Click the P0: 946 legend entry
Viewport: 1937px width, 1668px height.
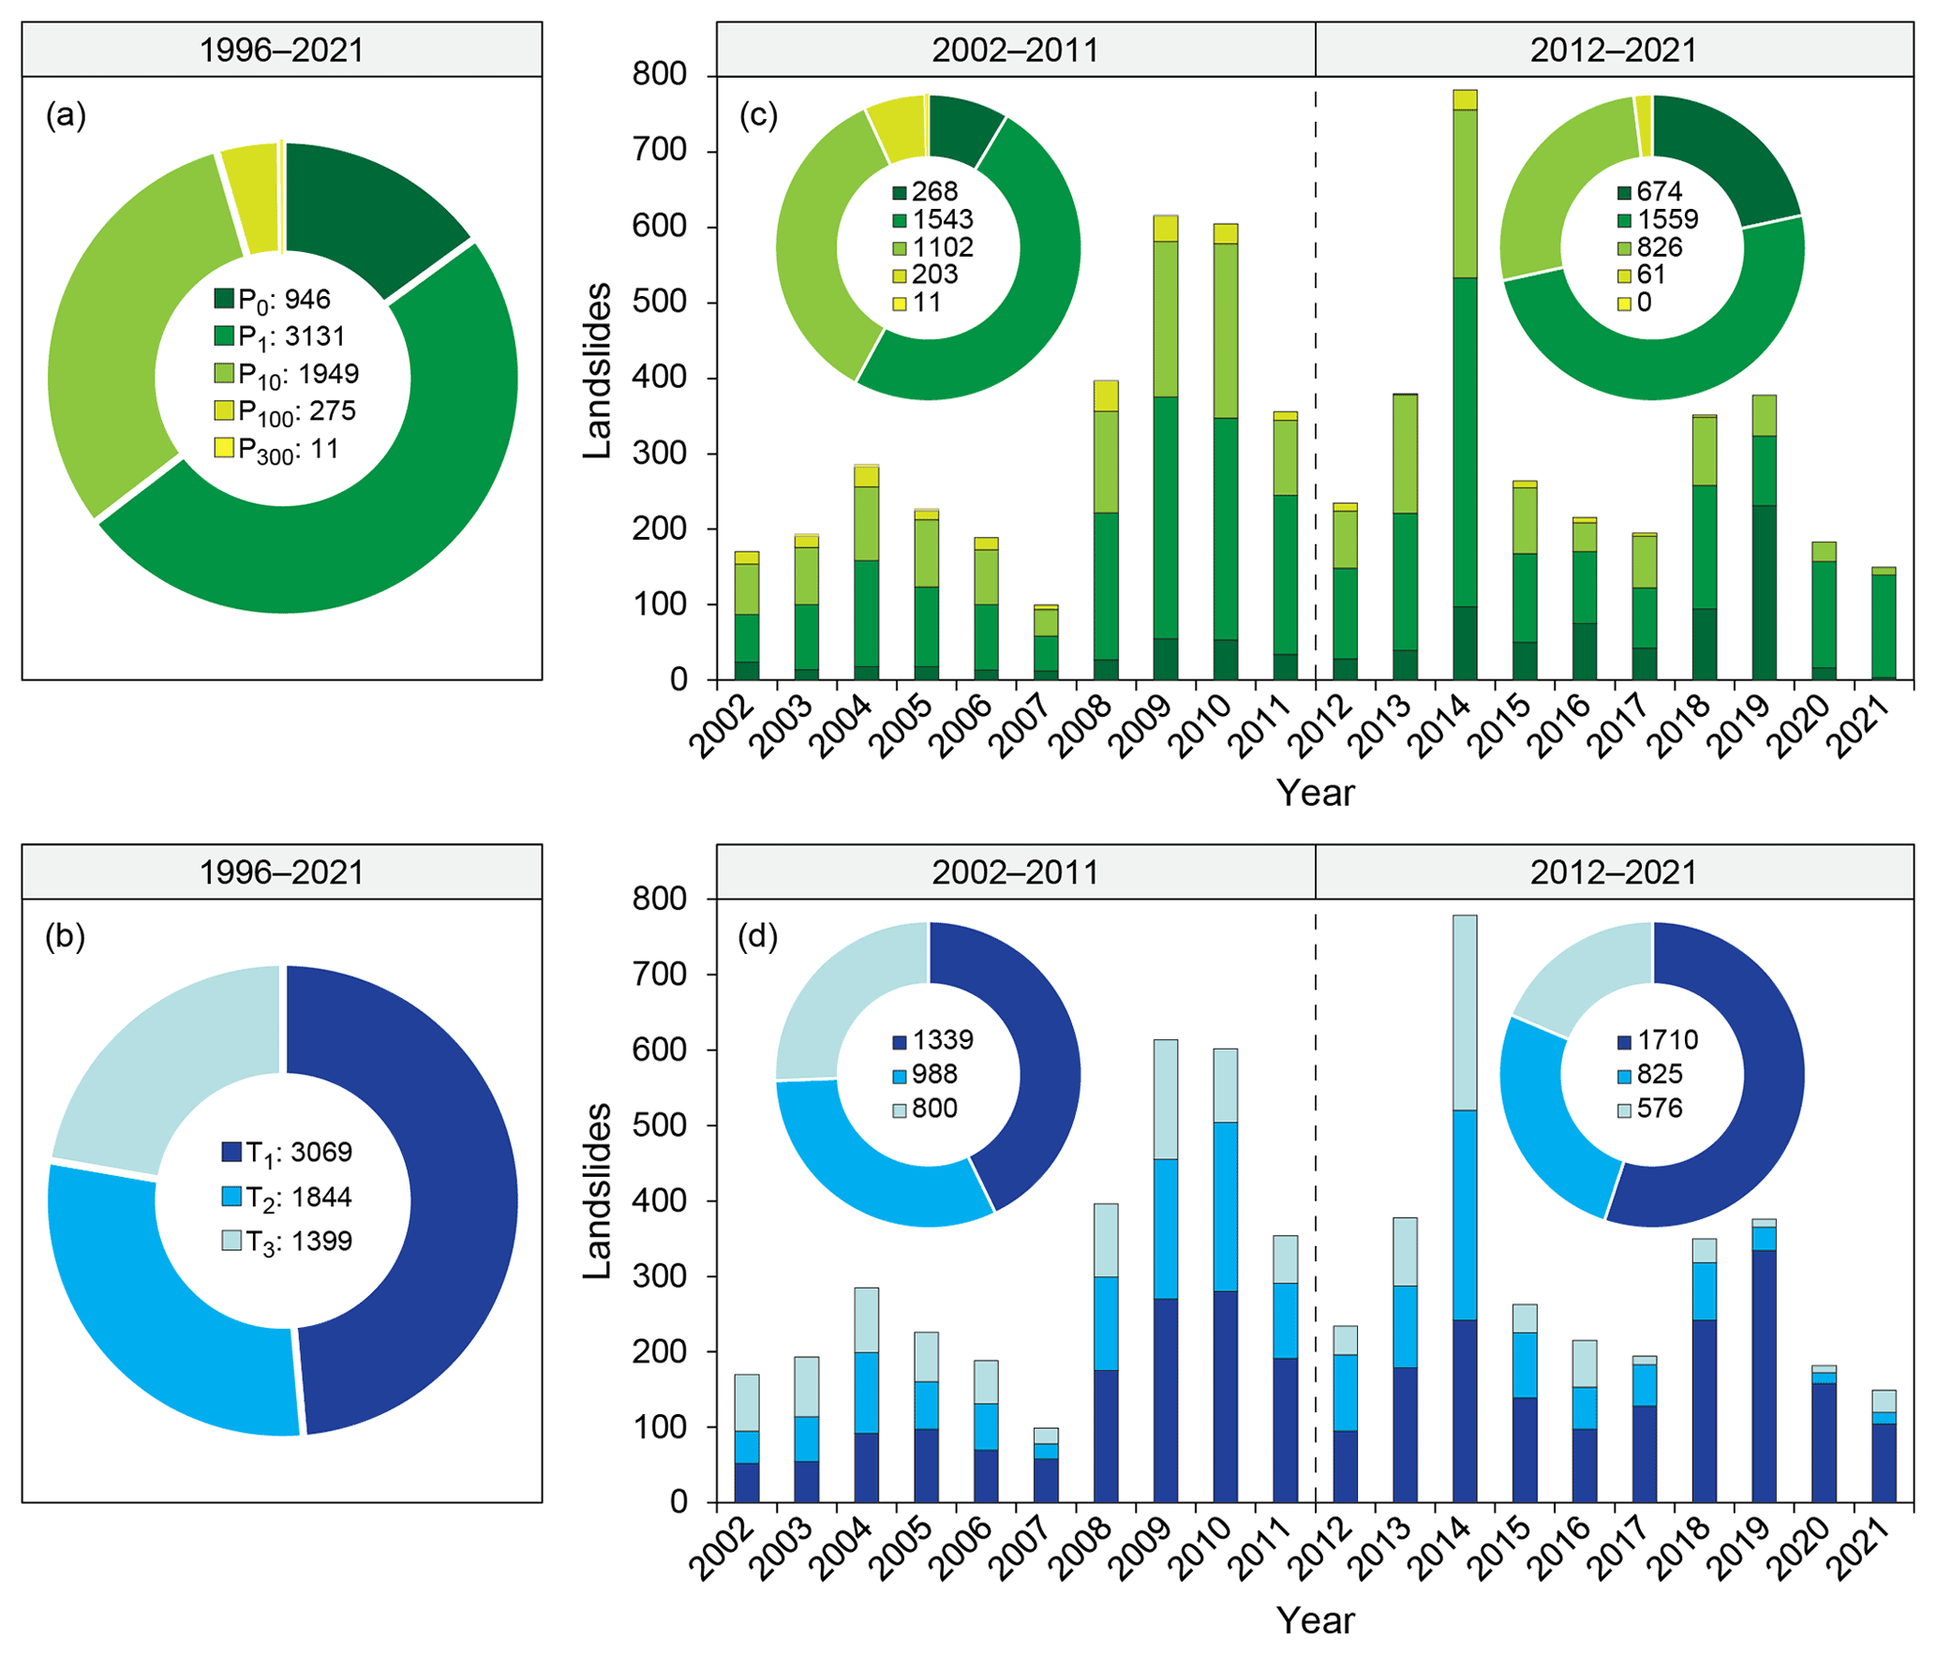[273, 300]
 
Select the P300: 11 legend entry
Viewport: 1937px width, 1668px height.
[276, 450]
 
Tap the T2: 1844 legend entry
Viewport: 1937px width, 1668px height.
[287, 1198]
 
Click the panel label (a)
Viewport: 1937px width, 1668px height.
[66, 115]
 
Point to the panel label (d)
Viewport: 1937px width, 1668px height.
[758, 936]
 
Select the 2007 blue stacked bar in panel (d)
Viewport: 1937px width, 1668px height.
[1047, 1465]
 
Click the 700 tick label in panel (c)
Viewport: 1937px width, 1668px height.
[661, 150]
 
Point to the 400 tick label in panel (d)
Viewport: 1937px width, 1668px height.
[661, 1200]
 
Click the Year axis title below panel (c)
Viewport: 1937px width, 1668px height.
[1315, 793]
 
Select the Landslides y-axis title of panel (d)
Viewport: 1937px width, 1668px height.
[597, 1191]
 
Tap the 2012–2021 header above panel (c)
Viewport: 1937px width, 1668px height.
[1613, 50]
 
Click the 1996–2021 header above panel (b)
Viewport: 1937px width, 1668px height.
[281, 872]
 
